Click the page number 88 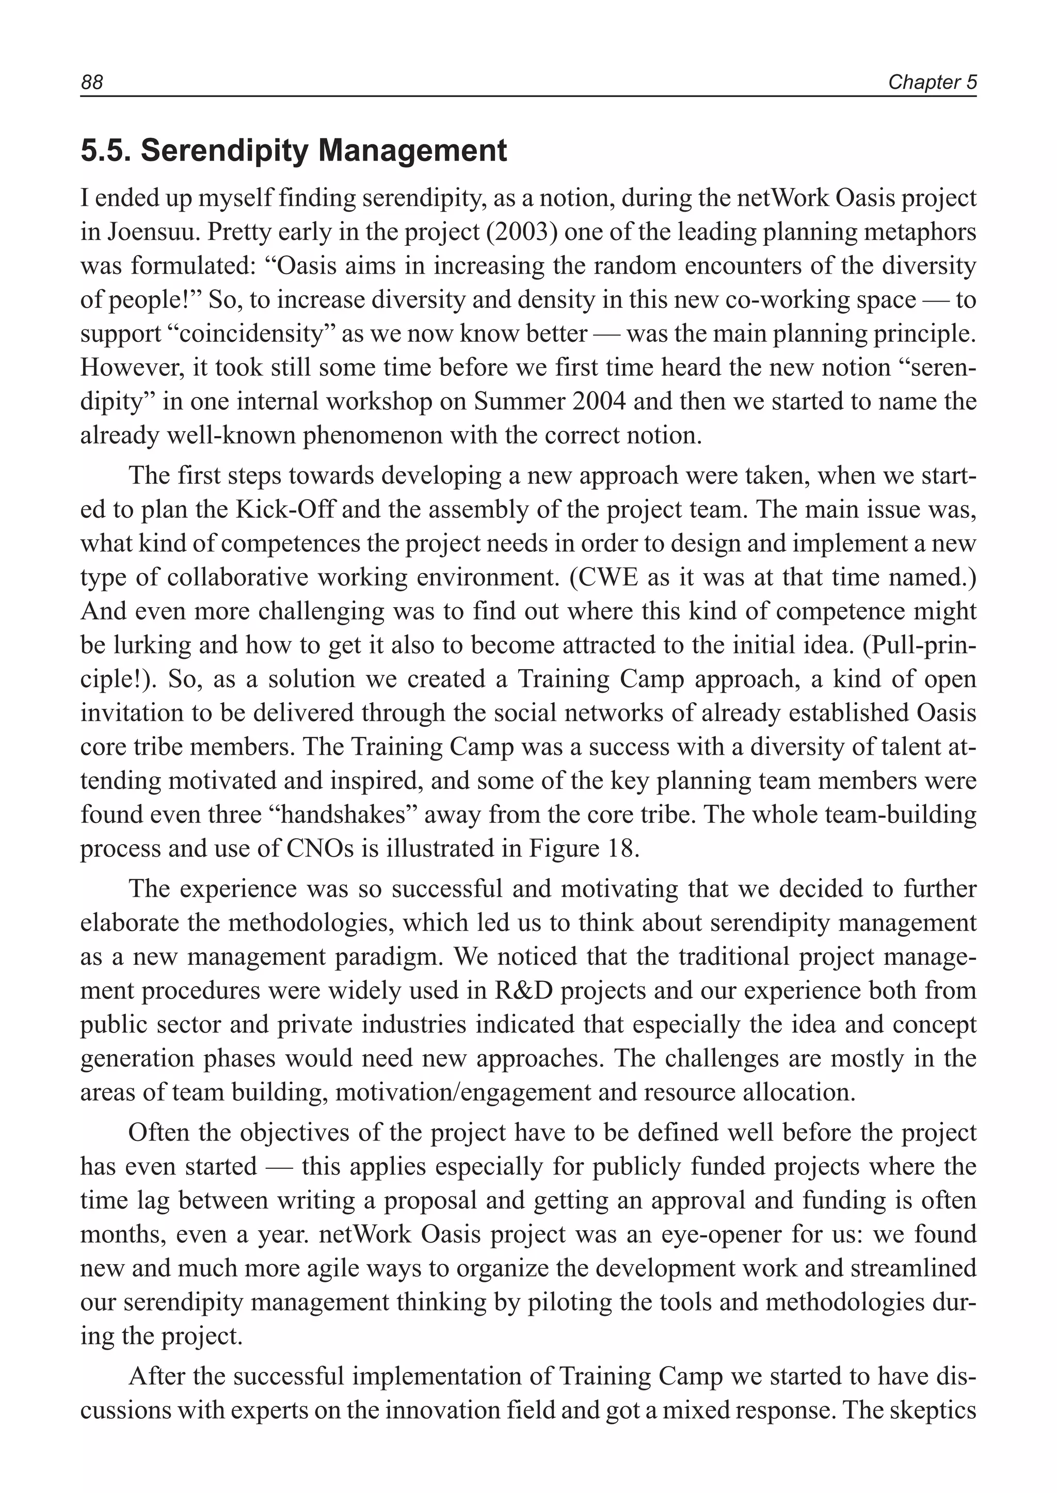click(92, 83)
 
